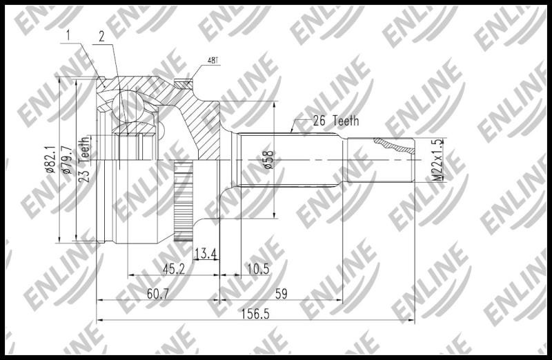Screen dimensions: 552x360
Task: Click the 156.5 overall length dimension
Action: coord(255,314)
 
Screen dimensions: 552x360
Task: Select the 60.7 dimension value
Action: coord(158,294)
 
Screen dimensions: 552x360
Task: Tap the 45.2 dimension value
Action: coord(174,269)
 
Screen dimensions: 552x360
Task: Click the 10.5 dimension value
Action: coord(258,269)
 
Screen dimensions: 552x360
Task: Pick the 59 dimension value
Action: coord(281,294)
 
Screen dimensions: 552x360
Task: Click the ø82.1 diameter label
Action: coord(50,159)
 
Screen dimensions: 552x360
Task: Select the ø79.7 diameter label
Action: coord(67,159)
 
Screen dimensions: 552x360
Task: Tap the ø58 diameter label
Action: coord(268,160)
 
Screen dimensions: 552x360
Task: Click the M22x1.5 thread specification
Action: coord(437,160)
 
